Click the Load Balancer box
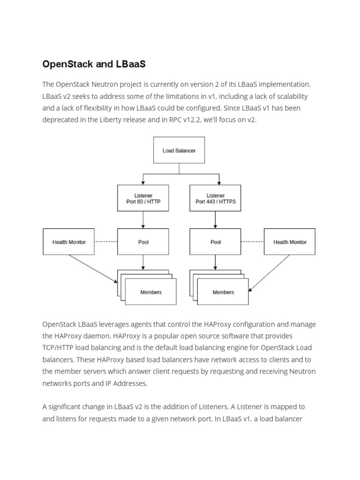click(x=179, y=150)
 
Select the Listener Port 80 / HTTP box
click(x=143, y=198)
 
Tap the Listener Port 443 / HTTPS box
click(x=216, y=198)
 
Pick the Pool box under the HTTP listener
click(x=143, y=242)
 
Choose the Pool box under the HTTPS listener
click(x=216, y=242)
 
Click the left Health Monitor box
click(x=68, y=242)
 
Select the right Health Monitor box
click(x=290, y=242)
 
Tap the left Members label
click(x=151, y=292)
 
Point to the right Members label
click(x=223, y=292)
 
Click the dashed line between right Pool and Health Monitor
click(x=253, y=242)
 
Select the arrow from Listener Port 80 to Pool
click(x=143, y=220)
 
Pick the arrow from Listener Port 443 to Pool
click(x=216, y=220)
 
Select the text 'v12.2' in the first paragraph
click(x=197, y=120)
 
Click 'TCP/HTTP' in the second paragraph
click(x=58, y=348)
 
